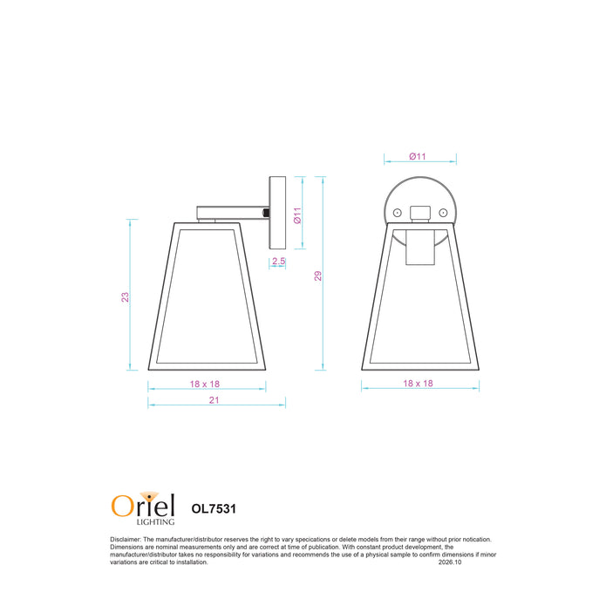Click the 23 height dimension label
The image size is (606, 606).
(x=125, y=296)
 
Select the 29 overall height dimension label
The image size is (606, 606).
(x=317, y=276)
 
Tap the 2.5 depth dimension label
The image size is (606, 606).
(x=278, y=261)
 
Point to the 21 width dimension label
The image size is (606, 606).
(x=214, y=400)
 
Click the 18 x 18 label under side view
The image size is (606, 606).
(x=204, y=384)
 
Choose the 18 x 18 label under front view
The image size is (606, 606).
(x=418, y=383)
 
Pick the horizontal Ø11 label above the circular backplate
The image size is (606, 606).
(x=418, y=156)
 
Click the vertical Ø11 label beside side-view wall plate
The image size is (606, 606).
(x=297, y=215)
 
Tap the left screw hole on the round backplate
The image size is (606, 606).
(x=397, y=213)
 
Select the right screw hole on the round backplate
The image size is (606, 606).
(x=443, y=213)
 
